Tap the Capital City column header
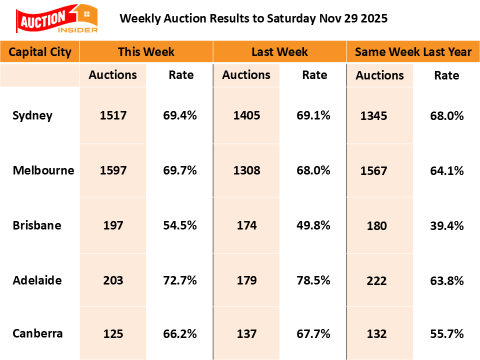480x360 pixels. (40, 52)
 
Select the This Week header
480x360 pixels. (146, 52)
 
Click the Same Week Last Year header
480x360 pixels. (413, 52)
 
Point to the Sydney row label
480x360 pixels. (32, 115)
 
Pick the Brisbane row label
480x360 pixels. (37, 225)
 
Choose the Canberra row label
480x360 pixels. (38, 333)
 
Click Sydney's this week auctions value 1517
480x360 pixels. (113, 115)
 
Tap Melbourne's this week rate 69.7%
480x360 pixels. (180, 170)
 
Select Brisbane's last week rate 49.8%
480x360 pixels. (313, 225)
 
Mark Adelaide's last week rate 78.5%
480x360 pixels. (313, 280)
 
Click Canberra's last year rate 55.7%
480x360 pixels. (447, 334)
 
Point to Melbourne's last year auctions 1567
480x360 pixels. (373, 171)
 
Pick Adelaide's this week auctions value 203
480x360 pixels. (113, 280)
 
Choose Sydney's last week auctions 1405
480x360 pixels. (246, 115)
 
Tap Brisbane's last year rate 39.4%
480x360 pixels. (447, 225)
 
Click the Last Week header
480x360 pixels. (279, 52)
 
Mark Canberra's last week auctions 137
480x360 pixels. (246, 333)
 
